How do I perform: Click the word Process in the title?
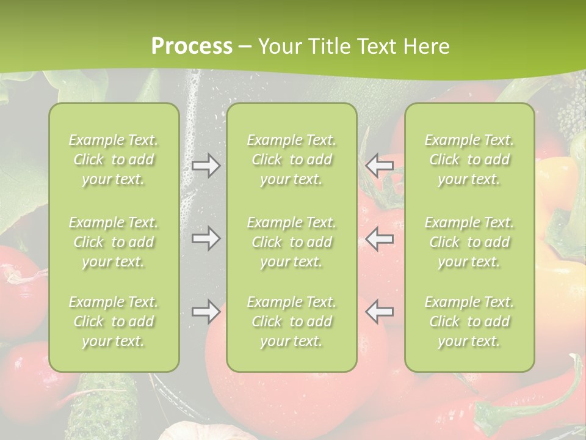[192, 46]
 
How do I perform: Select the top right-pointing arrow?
[206, 166]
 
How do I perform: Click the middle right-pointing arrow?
[206, 238]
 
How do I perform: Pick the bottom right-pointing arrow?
[206, 312]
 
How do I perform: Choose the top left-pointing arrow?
[379, 166]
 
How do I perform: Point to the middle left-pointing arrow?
[379, 238]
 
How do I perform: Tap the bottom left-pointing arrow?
[379, 312]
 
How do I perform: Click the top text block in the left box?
[114, 159]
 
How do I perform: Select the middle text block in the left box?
[114, 242]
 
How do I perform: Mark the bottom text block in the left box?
[114, 321]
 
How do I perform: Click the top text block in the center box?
[291, 159]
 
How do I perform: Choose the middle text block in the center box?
[291, 242]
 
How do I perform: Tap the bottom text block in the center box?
[291, 321]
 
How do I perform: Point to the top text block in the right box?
[469, 159]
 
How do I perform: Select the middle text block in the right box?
[469, 242]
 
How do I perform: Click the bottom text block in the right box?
[469, 321]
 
